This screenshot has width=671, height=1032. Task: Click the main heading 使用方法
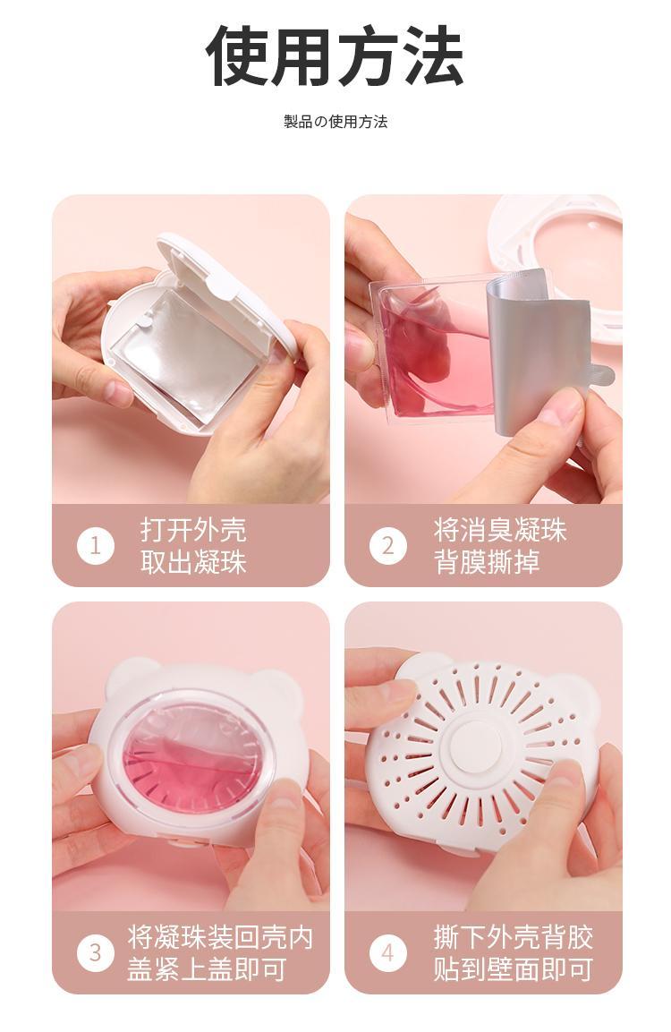click(x=335, y=56)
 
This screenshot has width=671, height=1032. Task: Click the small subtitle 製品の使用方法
click(x=335, y=122)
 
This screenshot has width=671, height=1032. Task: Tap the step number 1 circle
click(x=96, y=546)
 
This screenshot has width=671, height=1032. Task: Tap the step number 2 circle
click(x=388, y=546)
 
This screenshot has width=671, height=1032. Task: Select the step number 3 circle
click(x=96, y=952)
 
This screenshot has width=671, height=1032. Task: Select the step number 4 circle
click(x=388, y=952)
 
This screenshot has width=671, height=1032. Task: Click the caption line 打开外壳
click(x=193, y=530)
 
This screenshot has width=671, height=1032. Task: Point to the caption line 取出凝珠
click(x=193, y=563)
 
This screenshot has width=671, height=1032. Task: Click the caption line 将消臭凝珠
click(x=500, y=530)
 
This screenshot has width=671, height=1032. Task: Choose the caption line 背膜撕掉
click(x=487, y=563)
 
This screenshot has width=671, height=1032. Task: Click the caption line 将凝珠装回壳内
click(x=220, y=936)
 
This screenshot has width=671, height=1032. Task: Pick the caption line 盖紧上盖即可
click(x=208, y=969)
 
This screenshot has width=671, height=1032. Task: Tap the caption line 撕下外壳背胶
click(x=514, y=936)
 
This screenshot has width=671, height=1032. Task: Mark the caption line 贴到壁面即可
click(x=514, y=969)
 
